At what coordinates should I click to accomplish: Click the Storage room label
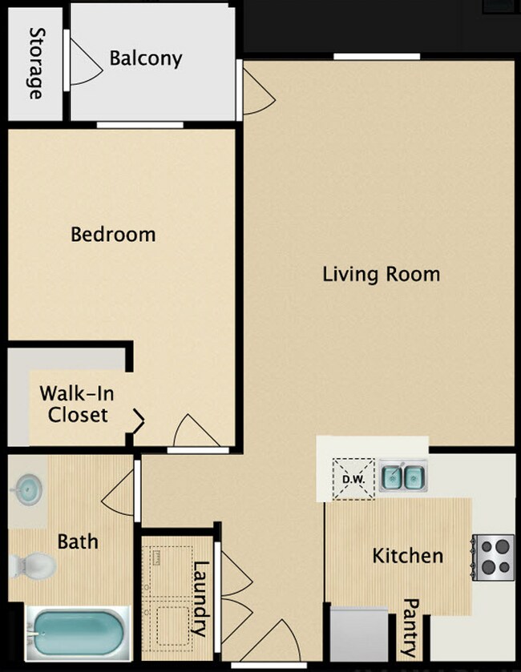[36, 63]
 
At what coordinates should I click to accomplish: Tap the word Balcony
[145, 58]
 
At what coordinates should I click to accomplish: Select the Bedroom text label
[113, 235]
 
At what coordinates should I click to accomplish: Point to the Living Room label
[381, 274]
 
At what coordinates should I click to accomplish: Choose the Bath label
[78, 541]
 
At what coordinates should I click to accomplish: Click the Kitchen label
[407, 555]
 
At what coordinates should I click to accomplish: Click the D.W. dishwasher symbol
[353, 479]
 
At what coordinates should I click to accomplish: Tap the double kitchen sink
[402, 478]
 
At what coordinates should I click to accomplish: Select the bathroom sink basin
[28, 487]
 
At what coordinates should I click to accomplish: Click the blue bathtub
[75, 632]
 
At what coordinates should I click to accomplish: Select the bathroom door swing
[119, 492]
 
